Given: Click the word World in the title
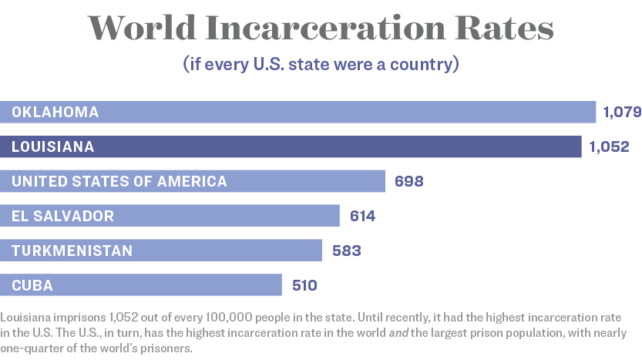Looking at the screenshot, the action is pyautogui.click(x=142, y=28).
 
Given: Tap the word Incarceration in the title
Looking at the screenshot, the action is pyautogui.click(x=325, y=28).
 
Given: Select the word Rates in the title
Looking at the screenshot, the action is pyautogui.click(x=504, y=28).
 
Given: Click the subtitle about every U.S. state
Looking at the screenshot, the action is pyautogui.click(x=321, y=64).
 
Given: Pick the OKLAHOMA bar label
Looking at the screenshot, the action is pyautogui.click(x=55, y=113).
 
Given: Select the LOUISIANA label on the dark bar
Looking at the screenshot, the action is pyautogui.click(x=53, y=146).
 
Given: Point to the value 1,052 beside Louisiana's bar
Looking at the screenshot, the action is pyautogui.click(x=609, y=146).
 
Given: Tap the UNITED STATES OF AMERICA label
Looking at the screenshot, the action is pyautogui.click(x=119, y=181).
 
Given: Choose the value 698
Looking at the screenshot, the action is pyautogui.click(x=409, y=181).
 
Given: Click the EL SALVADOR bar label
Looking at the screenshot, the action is pyautogui.click(x=62, y=217).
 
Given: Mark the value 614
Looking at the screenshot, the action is pyautogui.click(x=363, y=217).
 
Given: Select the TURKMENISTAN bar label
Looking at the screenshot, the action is pyautogui.click(x=72, y=251).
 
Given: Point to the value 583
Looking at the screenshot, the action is pyautogui.click(x=347, y=251).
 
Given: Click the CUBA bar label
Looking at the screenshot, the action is pyautogui.click(x=32, y=285).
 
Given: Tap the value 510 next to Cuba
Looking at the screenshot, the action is pyautogui.click(x=304, y=285).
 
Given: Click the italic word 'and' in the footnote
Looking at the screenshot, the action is pyautogui.click(x=398, y=333).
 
